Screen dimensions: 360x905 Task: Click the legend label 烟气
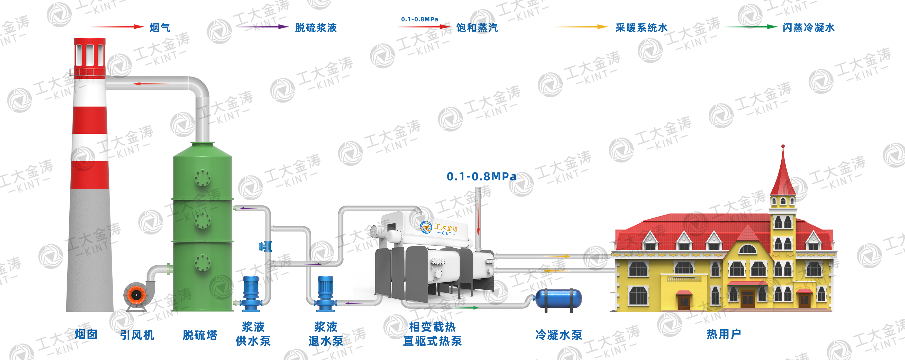click(x=160, y=27)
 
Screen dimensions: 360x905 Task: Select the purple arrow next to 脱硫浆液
click(x=261, y=27)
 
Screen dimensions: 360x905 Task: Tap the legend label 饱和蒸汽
click(x=477, y=27)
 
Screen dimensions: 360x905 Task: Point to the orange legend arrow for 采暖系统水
click(x=580, y=27)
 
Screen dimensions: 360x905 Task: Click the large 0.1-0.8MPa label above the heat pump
click(x=481, y=176)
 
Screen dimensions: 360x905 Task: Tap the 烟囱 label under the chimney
click(x=86, y=334)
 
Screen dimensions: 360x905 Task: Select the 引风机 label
click(x=137, y=335)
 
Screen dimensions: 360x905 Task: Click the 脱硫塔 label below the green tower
click(x=200, y=335)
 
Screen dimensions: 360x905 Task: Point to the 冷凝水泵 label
click(x=559, y=335)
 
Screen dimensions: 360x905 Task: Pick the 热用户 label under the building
click(x=724, y=334)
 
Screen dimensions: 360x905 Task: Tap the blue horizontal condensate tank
click(x=558, y=299)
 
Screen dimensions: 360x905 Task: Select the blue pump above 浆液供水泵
click(x=251, y=293)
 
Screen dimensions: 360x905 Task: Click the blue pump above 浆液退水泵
click(x=326, y=293)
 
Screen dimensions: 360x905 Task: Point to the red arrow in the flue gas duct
click(x=151, y=84)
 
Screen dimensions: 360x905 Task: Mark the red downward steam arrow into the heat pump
click(x=478, y=218)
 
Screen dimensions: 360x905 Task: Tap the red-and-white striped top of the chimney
click(x=90, y=53)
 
